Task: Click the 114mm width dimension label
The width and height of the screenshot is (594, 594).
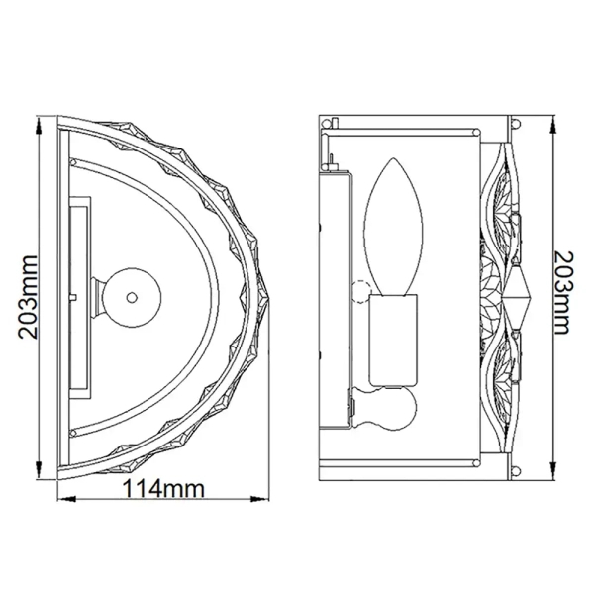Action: pyautogui.click(x=164, y=490)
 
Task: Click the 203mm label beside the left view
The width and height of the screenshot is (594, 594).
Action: pyautogui.click(x=28, y=297)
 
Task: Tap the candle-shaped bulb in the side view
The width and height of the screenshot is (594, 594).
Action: pyautogui.click(x=393, y=227)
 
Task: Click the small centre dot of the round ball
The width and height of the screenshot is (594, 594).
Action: pyautogui.click(x=132, y=297)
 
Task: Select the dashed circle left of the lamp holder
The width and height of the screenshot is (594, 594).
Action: pyautogui.click(x=360, y=291)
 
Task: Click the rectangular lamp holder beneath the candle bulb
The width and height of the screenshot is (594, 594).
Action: pyautogui.click(x=394, y=340)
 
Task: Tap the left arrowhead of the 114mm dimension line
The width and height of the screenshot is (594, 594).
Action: pyautogui.click(x=66, y=499)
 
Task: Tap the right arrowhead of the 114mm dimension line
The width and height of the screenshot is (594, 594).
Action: pyautogui.click(x=259, y=499)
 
